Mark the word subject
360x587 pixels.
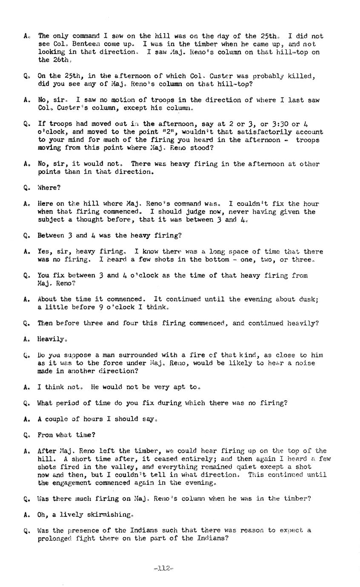51,219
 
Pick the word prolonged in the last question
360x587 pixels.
55,539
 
